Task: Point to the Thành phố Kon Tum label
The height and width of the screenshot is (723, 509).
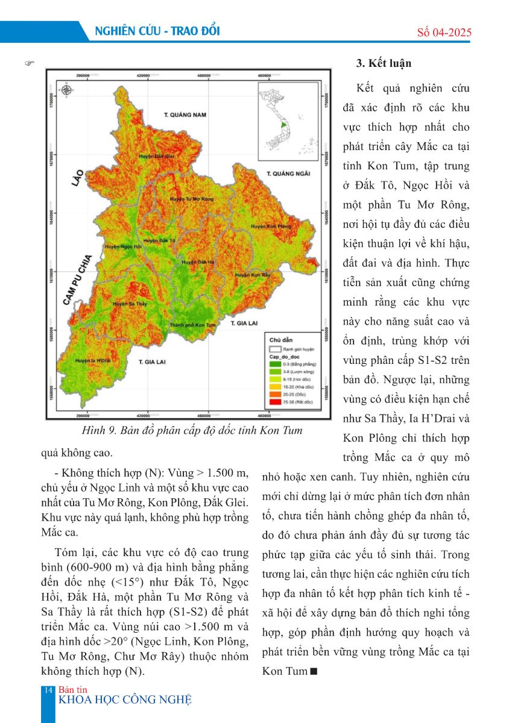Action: [192, 325]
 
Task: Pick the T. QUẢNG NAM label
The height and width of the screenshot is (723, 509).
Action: [185, 114]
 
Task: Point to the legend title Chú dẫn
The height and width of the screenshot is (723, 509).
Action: [280, 340]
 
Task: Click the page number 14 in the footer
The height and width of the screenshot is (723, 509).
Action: [49, 689]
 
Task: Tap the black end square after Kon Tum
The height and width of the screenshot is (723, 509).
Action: [312, 671]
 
